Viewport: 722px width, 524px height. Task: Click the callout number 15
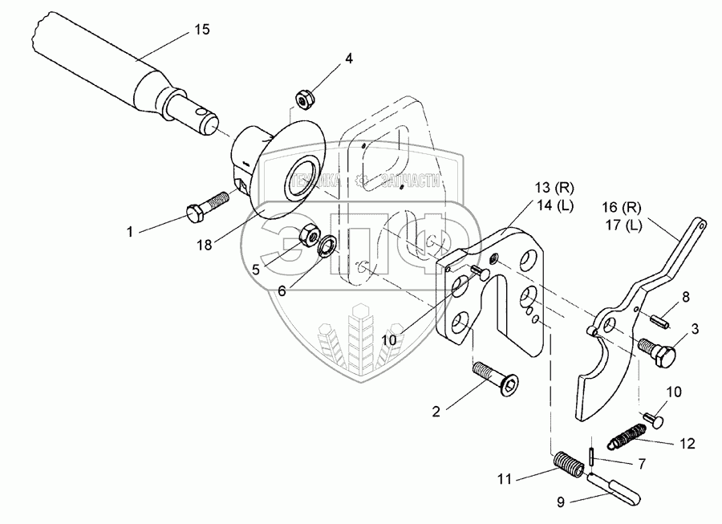point(202,30)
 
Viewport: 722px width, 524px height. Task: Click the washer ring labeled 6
point(327,246)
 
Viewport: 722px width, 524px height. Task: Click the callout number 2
point(436,412)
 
